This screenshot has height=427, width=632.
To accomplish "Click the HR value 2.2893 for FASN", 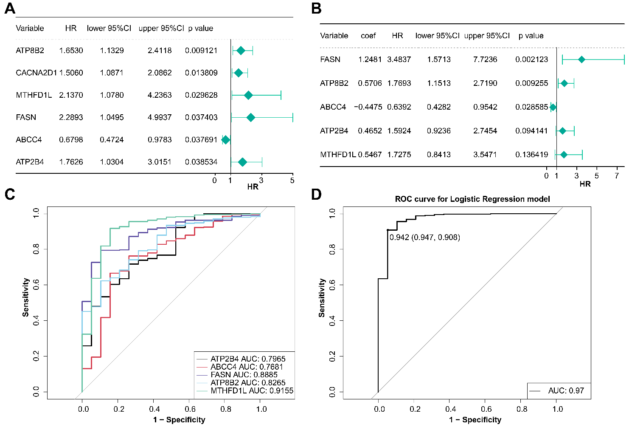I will [71, 117].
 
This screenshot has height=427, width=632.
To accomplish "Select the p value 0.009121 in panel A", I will [201, 51].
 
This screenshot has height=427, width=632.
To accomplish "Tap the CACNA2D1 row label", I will [36, 73].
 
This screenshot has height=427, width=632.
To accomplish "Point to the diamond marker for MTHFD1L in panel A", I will [248, 95].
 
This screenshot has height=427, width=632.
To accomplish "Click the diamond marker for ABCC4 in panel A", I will [226, 140].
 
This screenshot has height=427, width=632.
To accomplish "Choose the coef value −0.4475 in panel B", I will [368, 107].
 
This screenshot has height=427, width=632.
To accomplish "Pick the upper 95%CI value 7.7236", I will [485, 59].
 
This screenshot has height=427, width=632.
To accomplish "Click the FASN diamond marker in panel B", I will [581, 59].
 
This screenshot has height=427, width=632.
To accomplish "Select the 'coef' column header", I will [368, 36].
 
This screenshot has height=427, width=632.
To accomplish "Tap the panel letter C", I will [10, 195].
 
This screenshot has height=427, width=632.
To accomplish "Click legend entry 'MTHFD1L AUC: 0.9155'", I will [252, 391].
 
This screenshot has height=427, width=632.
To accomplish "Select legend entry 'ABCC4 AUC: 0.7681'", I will [247, 367].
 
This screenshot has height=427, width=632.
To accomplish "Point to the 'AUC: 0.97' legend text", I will [566, 391].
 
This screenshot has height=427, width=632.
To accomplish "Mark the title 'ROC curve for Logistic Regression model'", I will [472, 199].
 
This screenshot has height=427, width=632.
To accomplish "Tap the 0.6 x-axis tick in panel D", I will [486, 409].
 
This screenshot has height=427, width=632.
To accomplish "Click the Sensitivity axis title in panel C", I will [26, 297].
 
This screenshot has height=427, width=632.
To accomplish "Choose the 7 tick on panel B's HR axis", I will [617, 176].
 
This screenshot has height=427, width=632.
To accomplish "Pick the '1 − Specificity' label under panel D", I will [475, 420].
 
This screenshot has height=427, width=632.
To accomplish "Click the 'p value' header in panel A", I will [201, 28].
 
